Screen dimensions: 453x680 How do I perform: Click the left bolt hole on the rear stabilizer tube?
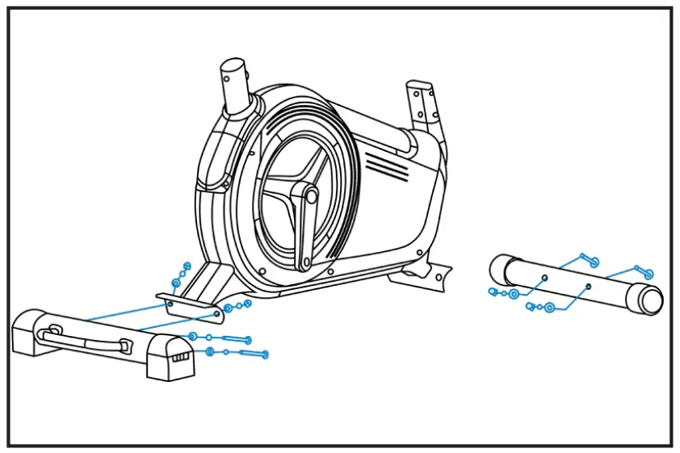point(544,277)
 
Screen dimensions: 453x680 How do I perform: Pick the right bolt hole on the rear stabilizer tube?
point(588,286)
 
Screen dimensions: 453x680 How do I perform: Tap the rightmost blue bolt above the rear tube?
point(646,273)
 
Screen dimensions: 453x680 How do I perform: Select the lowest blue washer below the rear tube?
point(549,308)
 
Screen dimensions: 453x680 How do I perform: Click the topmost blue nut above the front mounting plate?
point(187,266)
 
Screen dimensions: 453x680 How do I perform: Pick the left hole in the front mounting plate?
point(170,304)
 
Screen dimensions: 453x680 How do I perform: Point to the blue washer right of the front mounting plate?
point(229,308)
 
